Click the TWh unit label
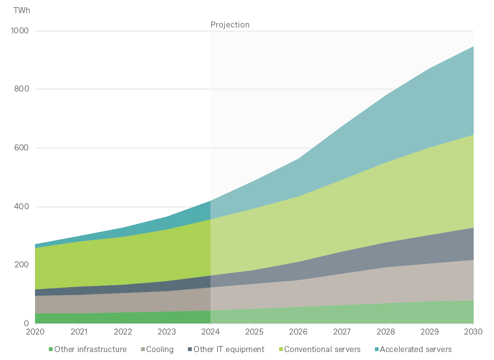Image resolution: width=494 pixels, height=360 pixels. coord(22,11)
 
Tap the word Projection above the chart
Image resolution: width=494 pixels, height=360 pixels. coord(230,25)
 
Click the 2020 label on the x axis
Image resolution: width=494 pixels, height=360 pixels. coord(35,332)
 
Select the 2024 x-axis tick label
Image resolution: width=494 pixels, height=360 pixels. coord(211,332)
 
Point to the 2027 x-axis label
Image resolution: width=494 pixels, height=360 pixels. coord(342,332)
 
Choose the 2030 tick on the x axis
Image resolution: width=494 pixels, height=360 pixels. coord(473,332)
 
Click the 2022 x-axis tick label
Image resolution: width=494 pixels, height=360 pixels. coord(123,332)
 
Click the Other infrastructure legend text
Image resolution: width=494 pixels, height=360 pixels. coord(90,350)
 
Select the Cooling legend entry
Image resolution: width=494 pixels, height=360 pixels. coord(160,350)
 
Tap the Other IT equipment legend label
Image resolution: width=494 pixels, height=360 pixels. coord(228,350)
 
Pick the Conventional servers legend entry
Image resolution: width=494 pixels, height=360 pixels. coord(322,350)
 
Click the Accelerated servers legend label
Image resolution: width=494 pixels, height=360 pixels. coord(416,350)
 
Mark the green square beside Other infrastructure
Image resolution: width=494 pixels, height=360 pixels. coord(51,350)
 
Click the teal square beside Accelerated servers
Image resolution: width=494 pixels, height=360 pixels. coord(376,350)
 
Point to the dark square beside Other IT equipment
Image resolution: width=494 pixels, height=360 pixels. coord(190,350)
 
